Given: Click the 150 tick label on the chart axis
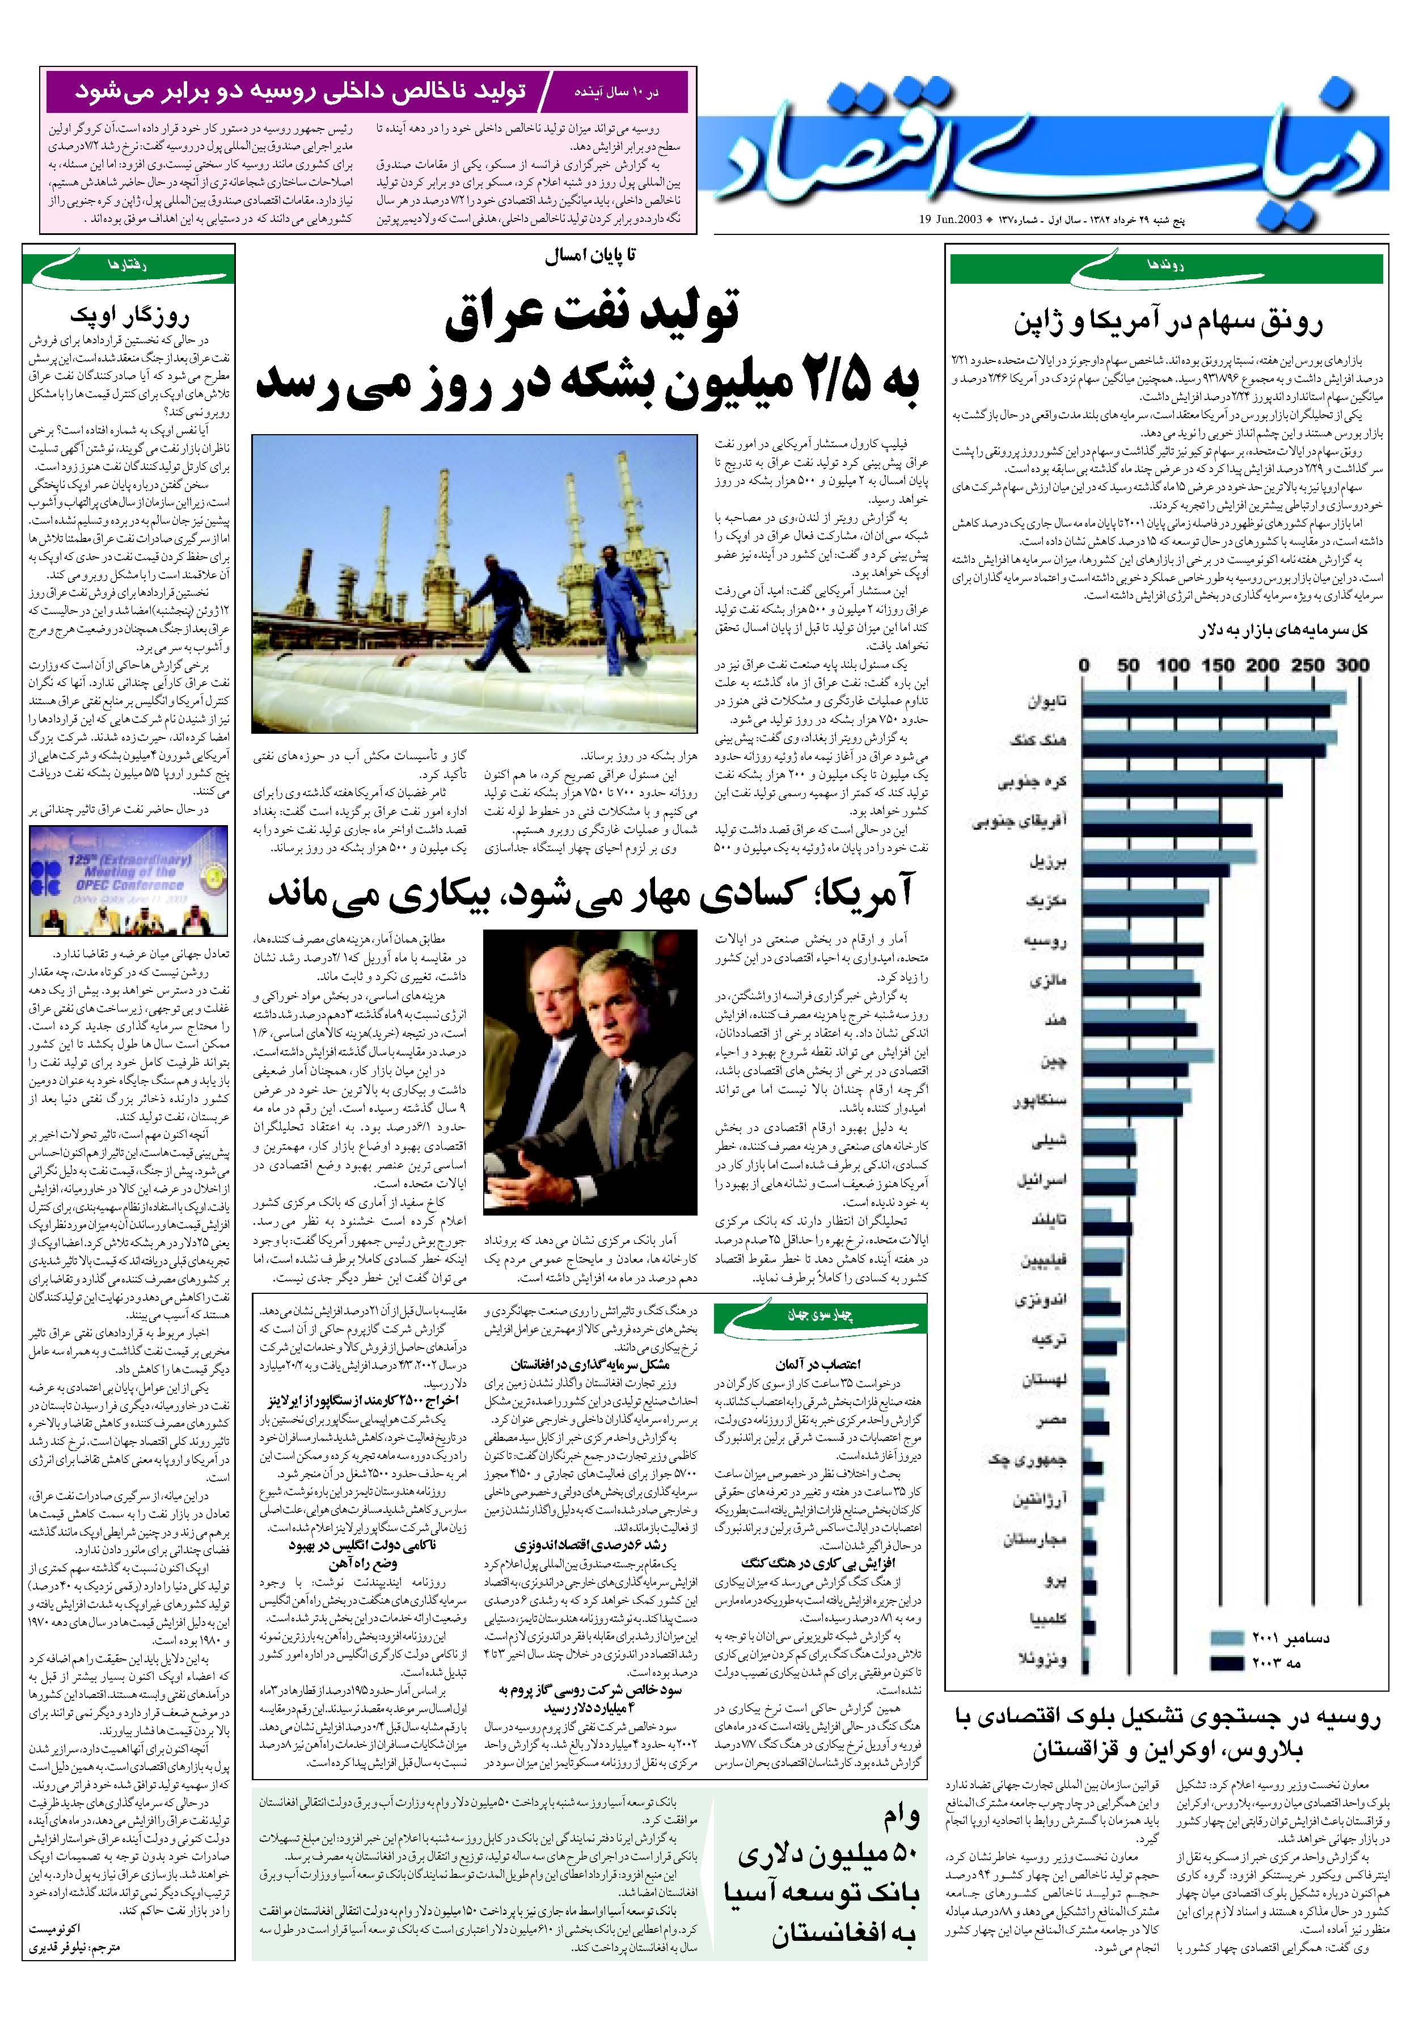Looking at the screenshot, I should click(x=1217, y=665).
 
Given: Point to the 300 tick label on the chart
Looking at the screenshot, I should click(x=1352, y=665).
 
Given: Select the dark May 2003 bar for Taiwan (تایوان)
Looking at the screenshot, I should click(x=1205, y=710).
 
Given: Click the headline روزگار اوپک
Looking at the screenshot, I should click(x=129, y=316).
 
